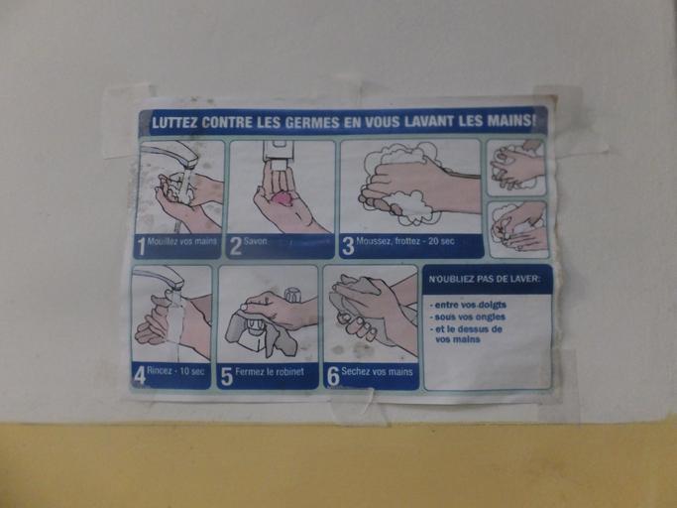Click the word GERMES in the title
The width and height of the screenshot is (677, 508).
311,122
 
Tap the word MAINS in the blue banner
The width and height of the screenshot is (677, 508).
509,120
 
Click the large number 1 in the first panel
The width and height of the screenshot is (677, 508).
141,247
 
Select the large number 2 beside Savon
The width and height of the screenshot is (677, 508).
235,247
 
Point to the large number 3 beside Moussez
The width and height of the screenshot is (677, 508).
348,246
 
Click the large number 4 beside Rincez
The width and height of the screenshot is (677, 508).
139,376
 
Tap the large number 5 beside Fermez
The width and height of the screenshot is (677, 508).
227,377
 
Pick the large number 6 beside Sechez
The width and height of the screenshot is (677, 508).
333,377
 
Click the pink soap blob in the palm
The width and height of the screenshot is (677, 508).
282,199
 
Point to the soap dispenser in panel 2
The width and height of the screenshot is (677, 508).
280,156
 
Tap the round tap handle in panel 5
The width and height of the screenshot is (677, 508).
292,296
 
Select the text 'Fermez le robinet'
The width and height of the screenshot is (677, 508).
270,372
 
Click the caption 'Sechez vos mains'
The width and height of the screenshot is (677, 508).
377,371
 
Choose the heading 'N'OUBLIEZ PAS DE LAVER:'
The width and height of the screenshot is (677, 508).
485,279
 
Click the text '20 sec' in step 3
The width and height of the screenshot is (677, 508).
441,241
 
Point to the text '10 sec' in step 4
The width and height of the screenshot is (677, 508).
191,371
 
